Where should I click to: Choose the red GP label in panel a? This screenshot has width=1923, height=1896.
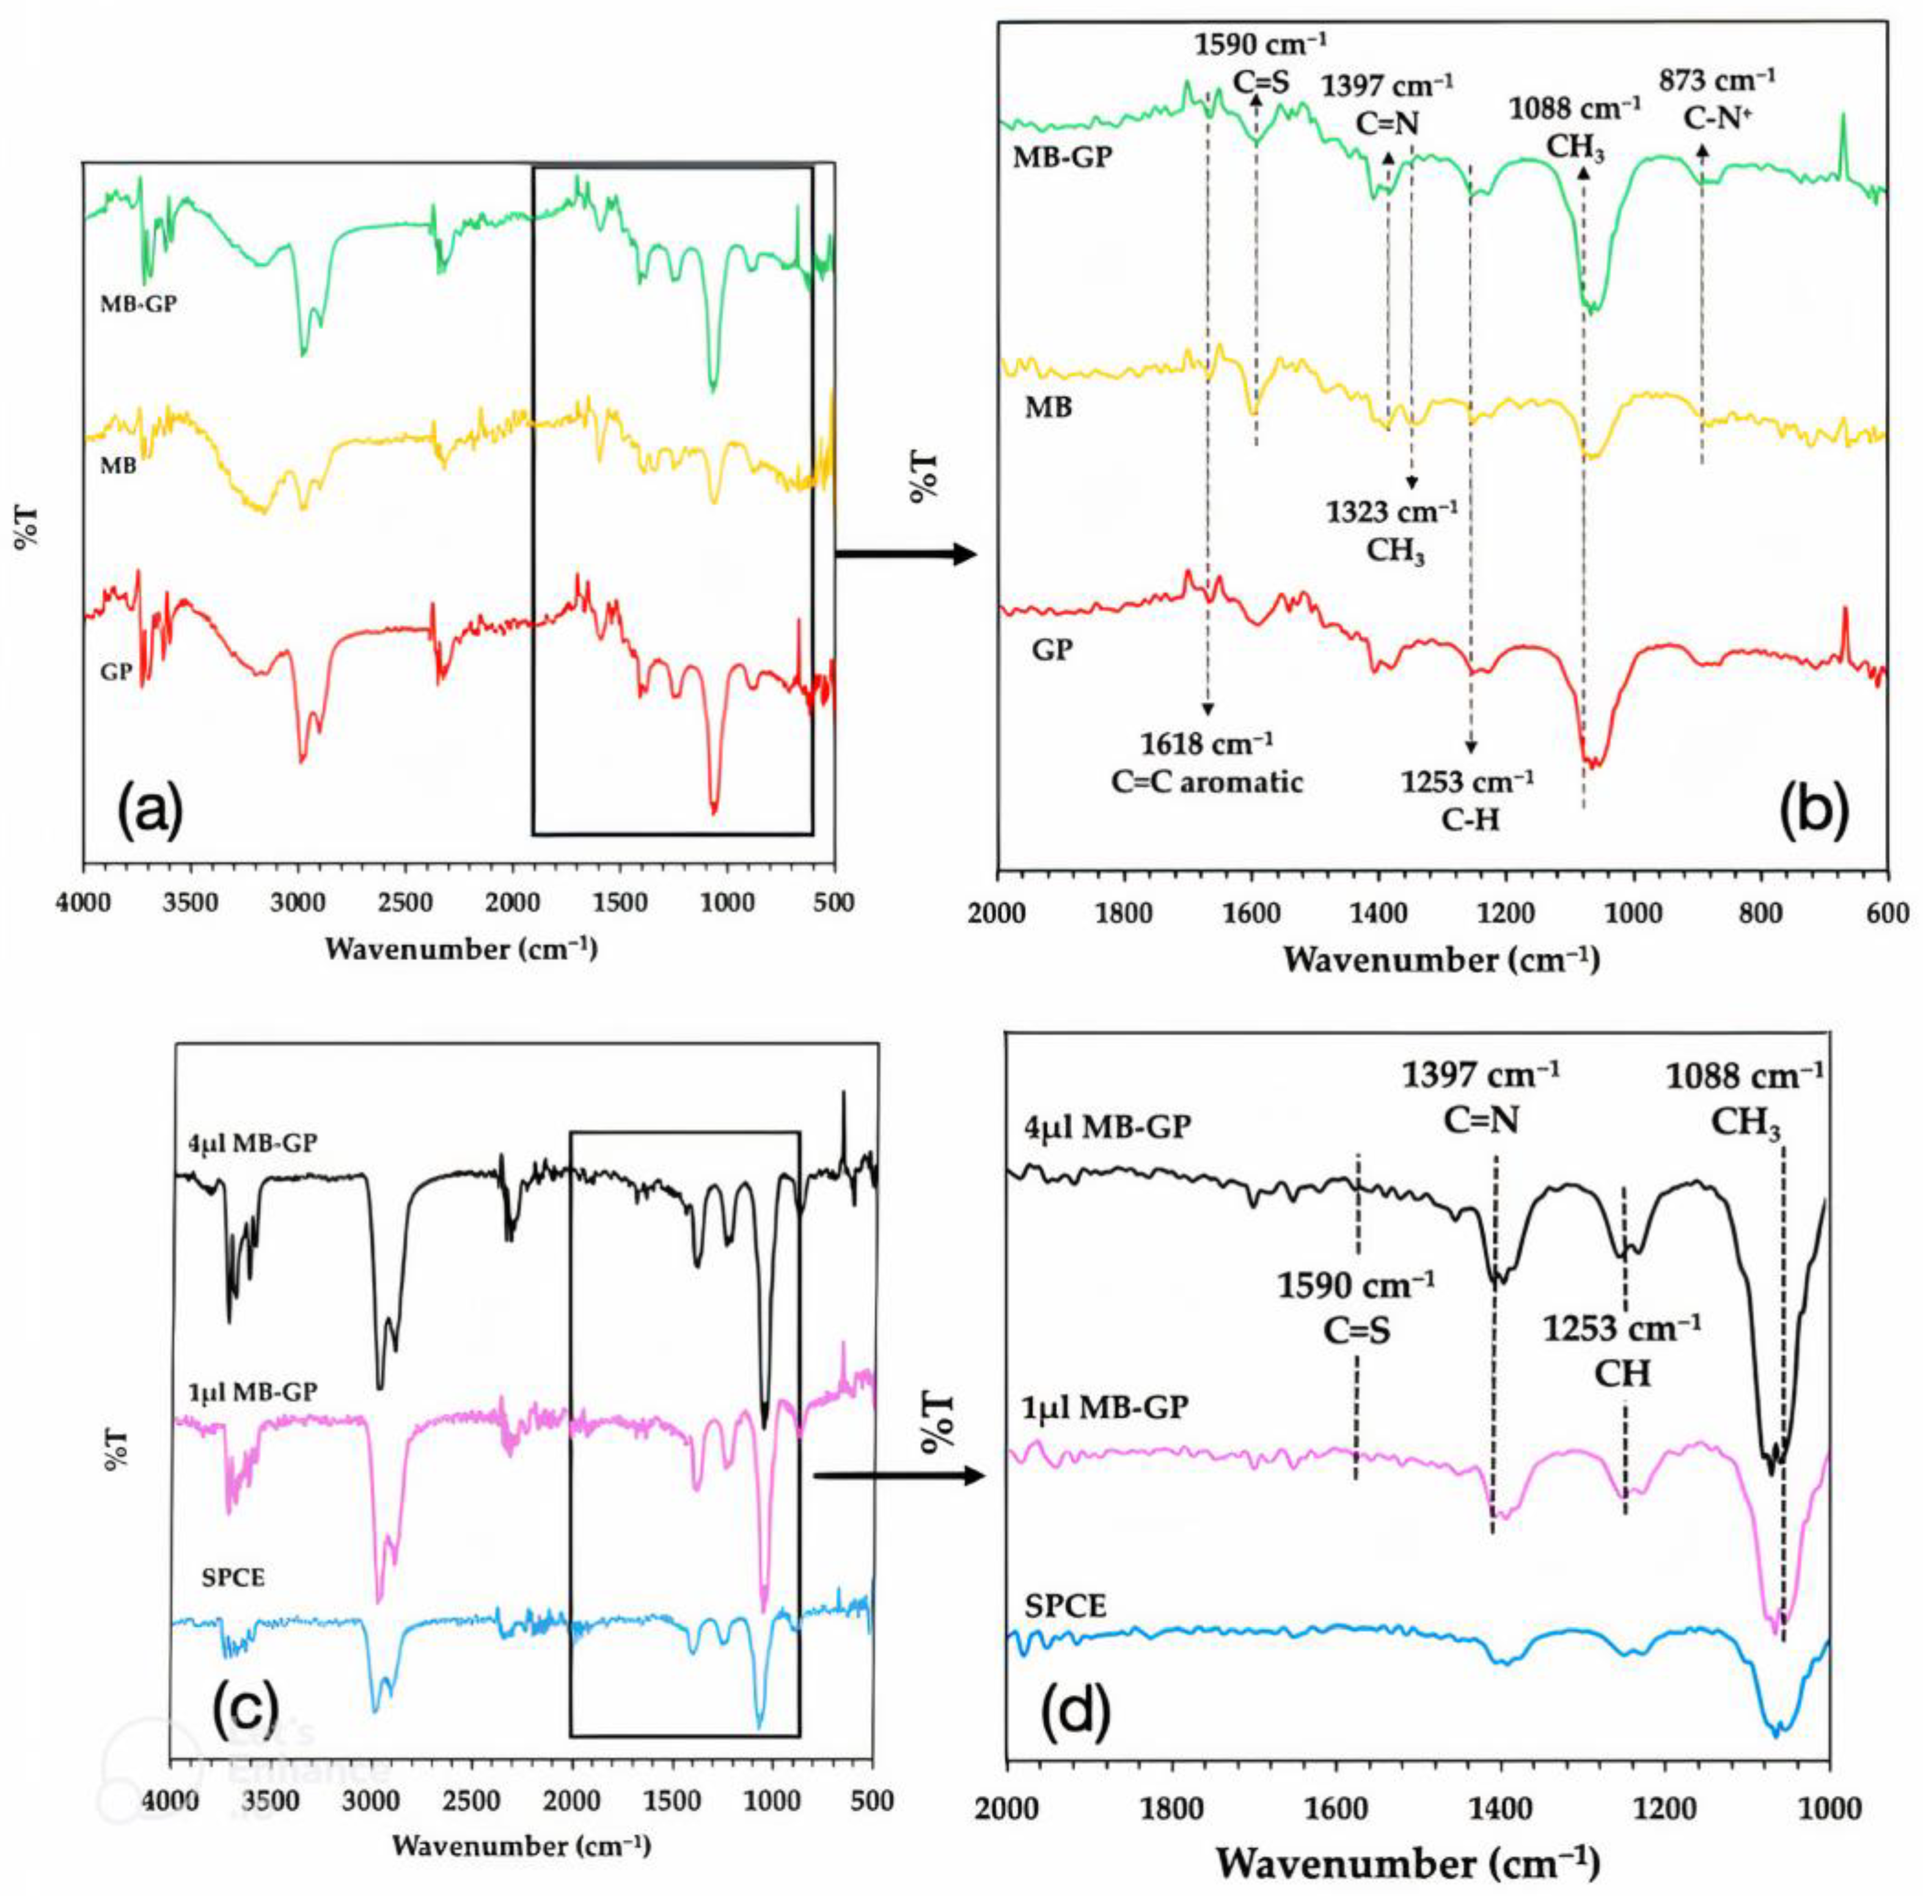tap(117, 672)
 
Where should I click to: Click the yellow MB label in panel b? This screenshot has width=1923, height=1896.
tap(1049, 407)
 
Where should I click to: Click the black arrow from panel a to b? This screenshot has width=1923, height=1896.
tap(906, 554)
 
